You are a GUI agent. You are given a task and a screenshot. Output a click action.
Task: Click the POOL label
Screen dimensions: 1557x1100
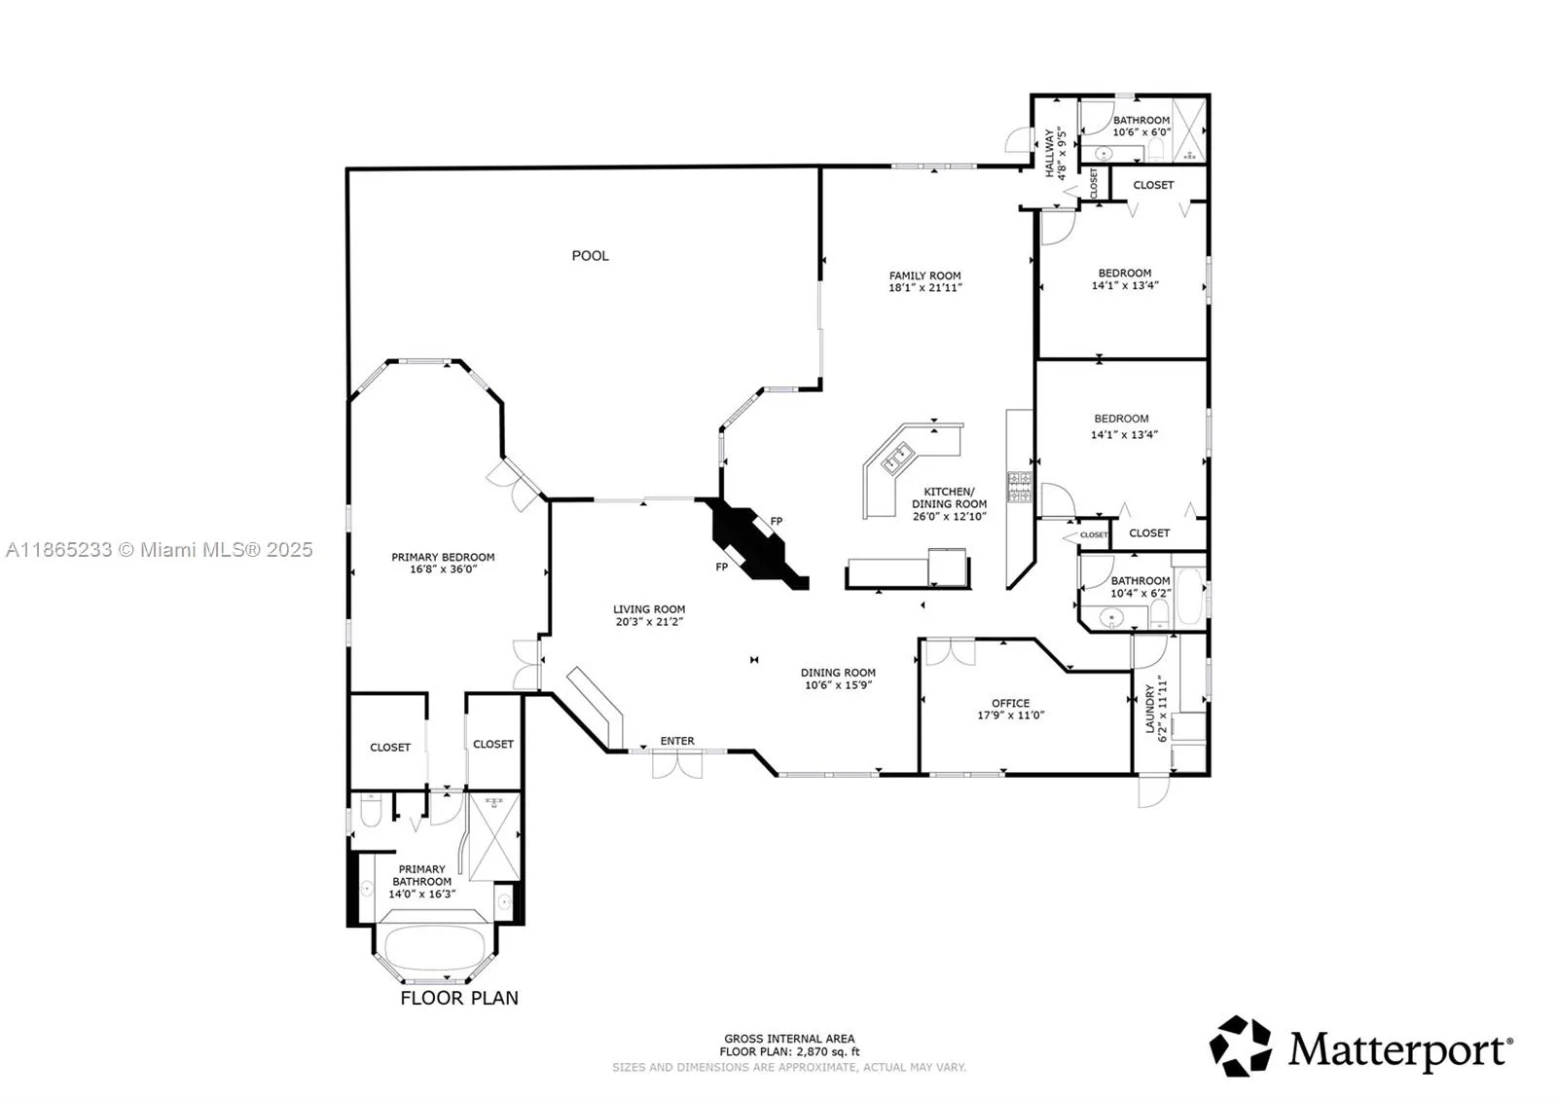590,256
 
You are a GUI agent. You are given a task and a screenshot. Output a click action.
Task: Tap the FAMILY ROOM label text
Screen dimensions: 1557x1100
924,275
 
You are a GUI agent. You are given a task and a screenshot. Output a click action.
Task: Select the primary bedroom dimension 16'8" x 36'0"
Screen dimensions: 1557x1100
444,569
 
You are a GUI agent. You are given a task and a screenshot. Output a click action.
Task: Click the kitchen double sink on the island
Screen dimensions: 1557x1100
896,458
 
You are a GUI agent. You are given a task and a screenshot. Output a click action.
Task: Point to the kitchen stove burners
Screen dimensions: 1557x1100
1020,486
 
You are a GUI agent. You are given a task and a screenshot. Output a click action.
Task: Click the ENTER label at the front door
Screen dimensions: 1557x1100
677,741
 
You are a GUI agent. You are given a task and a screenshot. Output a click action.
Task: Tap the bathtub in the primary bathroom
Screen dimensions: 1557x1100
434,947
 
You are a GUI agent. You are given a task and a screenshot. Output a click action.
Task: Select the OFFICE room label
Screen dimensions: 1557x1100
1011,703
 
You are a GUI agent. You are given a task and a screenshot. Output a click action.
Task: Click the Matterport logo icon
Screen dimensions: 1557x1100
1240,1046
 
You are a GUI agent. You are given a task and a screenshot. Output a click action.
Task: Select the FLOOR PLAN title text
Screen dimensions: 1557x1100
459,999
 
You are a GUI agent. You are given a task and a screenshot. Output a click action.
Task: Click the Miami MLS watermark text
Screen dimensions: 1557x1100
160,550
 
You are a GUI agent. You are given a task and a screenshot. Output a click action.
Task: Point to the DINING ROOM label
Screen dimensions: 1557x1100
838,673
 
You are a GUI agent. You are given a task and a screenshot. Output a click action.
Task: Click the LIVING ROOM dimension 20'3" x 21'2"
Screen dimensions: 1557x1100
649,622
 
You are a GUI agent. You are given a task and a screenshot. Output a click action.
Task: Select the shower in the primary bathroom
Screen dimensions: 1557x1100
494,838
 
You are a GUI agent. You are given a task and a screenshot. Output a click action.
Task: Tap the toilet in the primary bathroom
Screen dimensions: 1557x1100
371,811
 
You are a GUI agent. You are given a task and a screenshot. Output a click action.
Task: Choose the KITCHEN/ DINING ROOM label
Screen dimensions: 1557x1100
950,497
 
